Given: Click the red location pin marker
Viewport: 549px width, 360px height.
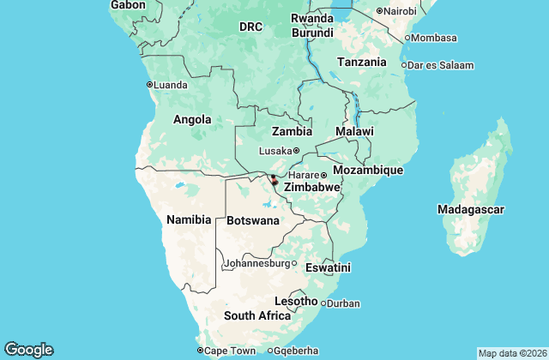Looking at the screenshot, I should click(x=274, y=179).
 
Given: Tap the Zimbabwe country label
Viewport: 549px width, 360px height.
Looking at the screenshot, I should click(x=312, y=187).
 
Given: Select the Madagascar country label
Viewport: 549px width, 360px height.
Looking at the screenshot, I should click(x=470, y=209).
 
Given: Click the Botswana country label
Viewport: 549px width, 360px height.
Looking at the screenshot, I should click(x=253, y=220).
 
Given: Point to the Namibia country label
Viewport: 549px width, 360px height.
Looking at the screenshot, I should click(x=189, y=219).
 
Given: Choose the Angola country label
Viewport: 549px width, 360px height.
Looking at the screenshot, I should click(x=193, y=119).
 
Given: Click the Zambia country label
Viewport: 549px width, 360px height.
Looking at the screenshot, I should click(x=292, y=132).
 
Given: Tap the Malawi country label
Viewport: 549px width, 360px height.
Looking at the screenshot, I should click(x=354, y=131).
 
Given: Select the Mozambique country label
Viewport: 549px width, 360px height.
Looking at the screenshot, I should click(x=367, y=171).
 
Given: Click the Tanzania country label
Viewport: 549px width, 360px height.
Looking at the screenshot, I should click(x=361, y=63).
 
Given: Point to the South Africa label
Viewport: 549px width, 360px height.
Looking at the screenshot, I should click(x=257, y=315).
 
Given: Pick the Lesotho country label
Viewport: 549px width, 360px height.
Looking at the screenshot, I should click(x=296, y=301).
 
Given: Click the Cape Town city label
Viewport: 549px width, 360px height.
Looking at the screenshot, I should click(x=231, y=351).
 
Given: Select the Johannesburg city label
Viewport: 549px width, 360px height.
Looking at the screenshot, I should click(x=256, y=263).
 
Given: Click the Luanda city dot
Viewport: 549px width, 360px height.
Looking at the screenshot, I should click(x=149, y=85).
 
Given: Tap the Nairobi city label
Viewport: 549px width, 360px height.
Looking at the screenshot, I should click(x=400, y=11).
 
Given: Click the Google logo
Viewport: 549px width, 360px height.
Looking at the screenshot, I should click(x=28, y=350).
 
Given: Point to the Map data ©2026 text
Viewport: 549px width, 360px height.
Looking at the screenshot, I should click(x=511, y=353).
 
